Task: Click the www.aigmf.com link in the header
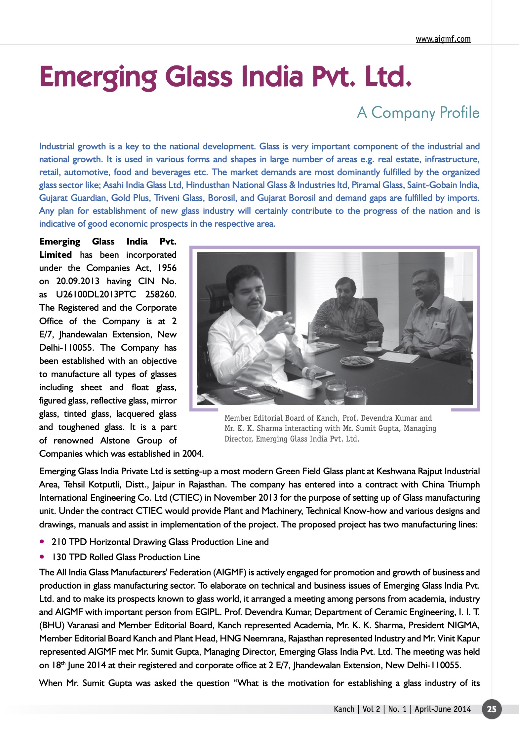443,39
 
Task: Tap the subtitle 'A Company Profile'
418,112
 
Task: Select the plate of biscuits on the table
357,360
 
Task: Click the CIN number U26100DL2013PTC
96,294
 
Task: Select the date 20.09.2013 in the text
78,281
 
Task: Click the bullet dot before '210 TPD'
42,542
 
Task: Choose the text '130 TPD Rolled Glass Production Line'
126,557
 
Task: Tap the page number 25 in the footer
492,709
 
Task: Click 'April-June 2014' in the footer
443,709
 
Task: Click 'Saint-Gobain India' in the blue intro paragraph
443,185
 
